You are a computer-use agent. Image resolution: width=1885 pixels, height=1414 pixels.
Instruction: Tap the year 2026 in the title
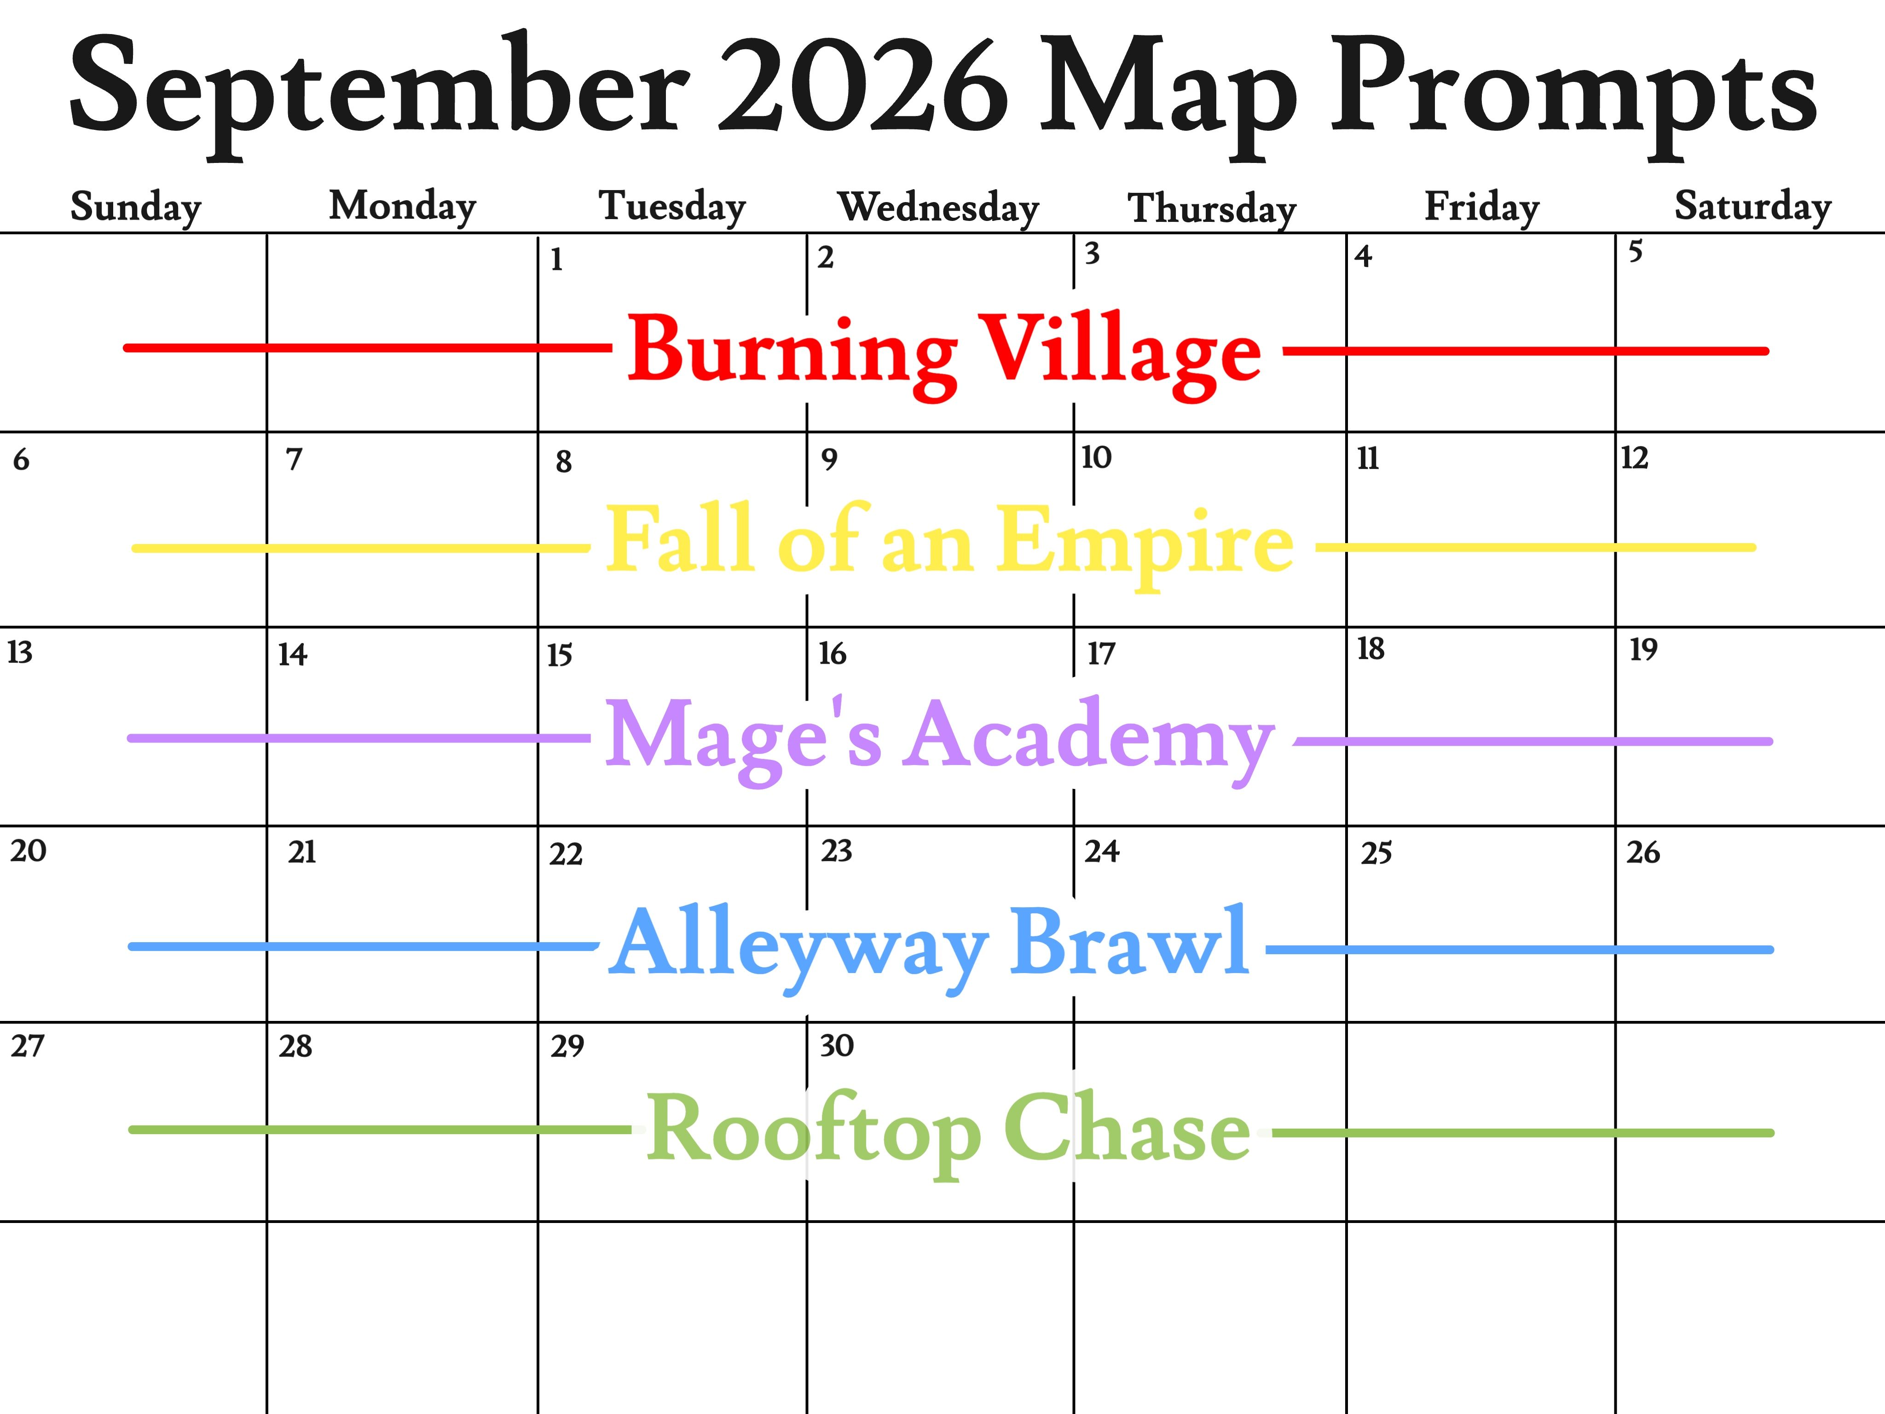click(x=863, y=85)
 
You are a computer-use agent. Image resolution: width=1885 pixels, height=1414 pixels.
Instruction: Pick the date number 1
click(x=556, y=259)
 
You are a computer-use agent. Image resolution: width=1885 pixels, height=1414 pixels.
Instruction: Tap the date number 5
click(x=1635, y=251)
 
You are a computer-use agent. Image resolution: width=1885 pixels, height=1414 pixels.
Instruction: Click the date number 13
click(x=20, y=652)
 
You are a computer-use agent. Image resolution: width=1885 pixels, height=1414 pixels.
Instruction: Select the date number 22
click(x=566, y=854)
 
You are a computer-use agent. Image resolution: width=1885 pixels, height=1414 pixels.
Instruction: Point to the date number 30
click(x=837, y=1046)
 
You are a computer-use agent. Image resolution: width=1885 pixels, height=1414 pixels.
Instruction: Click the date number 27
click(x=27, y=1046)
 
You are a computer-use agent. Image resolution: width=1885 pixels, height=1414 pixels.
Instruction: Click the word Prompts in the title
click(x=1574, y=94)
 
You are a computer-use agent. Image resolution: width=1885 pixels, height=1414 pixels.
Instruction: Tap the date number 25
click(x=1376, y=853)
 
